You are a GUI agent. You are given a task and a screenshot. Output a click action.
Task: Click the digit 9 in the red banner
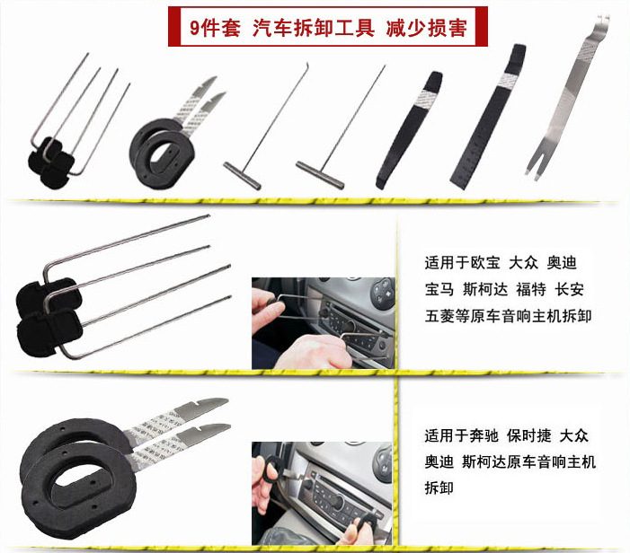pos(195,28)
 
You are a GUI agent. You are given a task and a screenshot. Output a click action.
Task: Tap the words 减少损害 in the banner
pos(426,28)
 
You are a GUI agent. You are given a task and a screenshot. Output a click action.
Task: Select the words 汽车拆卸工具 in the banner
pos(314,28)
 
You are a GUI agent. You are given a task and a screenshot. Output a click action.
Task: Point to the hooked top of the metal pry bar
pos(602,21)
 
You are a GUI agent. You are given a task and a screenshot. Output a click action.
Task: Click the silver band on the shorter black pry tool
pos(426,97)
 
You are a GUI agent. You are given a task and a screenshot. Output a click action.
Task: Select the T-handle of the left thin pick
pos(243,176)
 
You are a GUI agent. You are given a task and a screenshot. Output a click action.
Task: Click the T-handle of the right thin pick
pos(320,174)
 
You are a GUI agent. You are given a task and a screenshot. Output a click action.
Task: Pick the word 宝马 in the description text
pos(439,289)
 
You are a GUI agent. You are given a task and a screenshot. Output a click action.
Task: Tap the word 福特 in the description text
pos(531,289)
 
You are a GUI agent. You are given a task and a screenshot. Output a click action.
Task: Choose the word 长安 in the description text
pos(569,289)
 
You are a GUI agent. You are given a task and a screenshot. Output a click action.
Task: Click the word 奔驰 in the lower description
pos(484,435)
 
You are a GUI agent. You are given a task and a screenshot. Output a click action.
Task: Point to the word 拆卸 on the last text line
pos(439,488)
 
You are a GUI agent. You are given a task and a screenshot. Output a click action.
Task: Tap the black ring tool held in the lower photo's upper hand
pos(270,469)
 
